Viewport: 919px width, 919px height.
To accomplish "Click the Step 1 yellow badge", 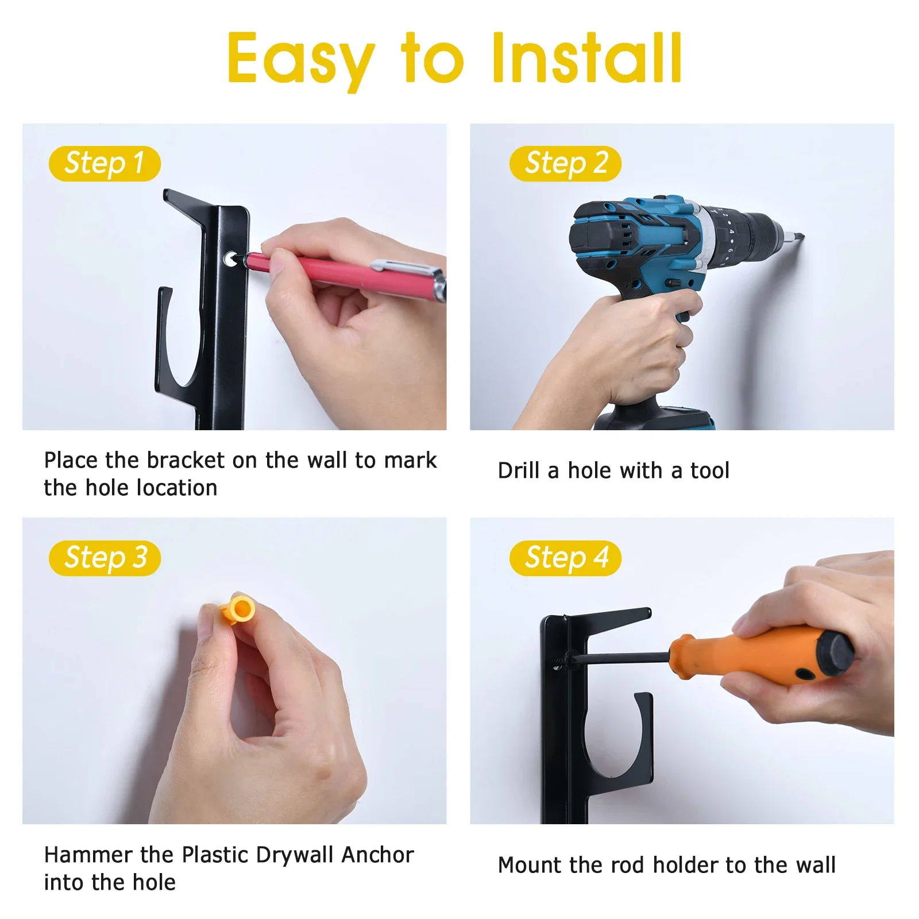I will pyautogui.click(x=105, y=164).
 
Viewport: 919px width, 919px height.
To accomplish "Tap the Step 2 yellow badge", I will pyautogui.click(x=565, y=164).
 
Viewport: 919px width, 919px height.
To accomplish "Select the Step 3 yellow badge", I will pyautogui.click(x=105, y=558).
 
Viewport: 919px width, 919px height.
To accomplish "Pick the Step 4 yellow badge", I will pyautogui.click(x=565, y=558).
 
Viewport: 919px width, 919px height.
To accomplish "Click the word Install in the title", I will pyautogui.click(x=587, y=59).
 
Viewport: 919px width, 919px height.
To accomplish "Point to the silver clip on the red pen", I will pyautogui.click(x=402, y=267).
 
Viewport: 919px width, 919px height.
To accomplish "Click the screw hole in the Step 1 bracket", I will pyautogui.click(x=231, y=259).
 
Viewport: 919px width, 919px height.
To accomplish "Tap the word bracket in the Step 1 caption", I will pyautogui.click(x=186, y=460).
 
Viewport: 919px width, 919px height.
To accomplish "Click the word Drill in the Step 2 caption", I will pyautogui.click(x=519, y=470).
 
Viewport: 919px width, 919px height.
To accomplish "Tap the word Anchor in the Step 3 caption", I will pyautogui.click(x=377, y=855).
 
